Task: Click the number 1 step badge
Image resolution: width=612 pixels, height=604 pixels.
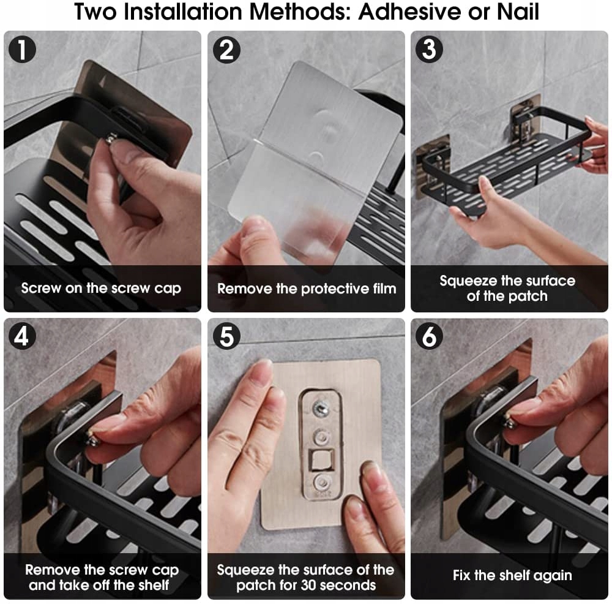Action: coord(22,50)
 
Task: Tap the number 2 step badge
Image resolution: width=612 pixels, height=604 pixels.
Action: coord(226,50)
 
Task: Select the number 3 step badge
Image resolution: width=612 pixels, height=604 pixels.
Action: coord(429,49)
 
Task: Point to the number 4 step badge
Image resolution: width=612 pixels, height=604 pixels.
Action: coord(22,336)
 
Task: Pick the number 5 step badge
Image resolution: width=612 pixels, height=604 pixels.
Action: coord(226,336)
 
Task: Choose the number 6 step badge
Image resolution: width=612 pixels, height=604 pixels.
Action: coord(429,336)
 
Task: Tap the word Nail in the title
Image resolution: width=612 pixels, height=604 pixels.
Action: coord(518,12)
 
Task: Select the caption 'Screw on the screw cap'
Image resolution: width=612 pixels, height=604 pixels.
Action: coord(101,289)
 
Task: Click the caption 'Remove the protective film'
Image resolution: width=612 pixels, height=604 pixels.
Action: coord(307,289)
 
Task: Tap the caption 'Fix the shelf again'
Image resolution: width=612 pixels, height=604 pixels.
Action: coord(512,575)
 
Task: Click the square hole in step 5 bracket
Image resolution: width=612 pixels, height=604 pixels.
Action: coord(322,459)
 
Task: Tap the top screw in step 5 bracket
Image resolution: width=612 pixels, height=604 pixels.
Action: coord(322,409)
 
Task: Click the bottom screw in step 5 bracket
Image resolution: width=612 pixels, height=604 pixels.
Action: coord(323,483)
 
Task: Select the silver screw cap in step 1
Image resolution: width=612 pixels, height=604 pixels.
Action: coord(111,138)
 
